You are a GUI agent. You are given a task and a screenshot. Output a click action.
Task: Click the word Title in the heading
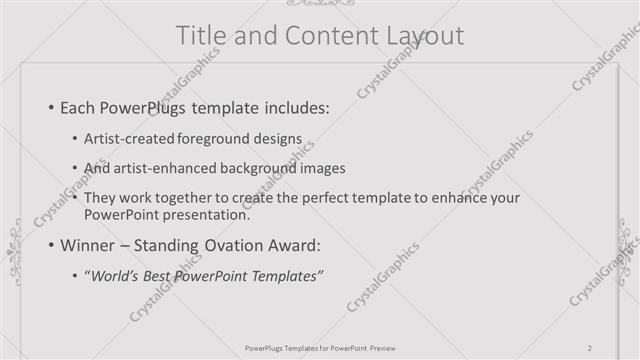point(200,36)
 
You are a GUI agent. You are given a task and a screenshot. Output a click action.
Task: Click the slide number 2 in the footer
point(590,348)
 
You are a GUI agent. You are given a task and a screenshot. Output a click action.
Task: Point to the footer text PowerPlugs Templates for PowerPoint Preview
point(319,348)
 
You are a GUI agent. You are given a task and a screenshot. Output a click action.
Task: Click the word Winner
point(90,245)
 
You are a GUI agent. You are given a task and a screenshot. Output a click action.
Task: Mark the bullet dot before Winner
point(51,245)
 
